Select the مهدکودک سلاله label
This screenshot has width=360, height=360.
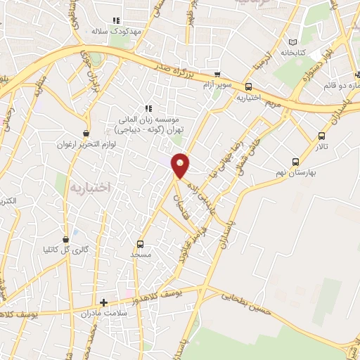[x=117, y=32]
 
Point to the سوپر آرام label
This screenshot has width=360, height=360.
[x=217, y=84]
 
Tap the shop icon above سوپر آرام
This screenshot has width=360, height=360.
[x=217, y=74]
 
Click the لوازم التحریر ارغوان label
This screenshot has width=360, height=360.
[x=86, y=144]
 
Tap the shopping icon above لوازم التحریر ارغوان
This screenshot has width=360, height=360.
[x=86, y=133]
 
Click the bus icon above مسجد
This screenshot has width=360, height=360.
[x=140, y=244]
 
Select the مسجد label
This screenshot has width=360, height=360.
[x=140, y=254]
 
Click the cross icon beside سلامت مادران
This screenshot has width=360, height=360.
[x=104, y=303]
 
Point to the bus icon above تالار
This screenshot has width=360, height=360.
[x=321, y=136]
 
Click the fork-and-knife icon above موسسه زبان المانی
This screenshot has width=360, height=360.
[x=148, y=108]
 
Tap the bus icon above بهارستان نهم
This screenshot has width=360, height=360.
[x=295, y=160]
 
